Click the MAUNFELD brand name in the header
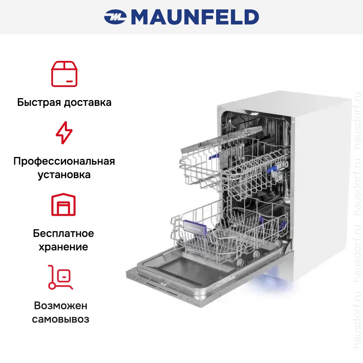click(195, 17)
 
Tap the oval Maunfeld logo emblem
click(115, 17)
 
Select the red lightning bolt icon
click(64, 133)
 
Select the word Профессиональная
click(64, 161)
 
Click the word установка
click(64, 175)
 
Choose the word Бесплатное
click(64, 233)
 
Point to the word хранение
click(64, 247)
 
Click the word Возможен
click(61, 306)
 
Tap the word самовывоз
click(61, 319)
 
